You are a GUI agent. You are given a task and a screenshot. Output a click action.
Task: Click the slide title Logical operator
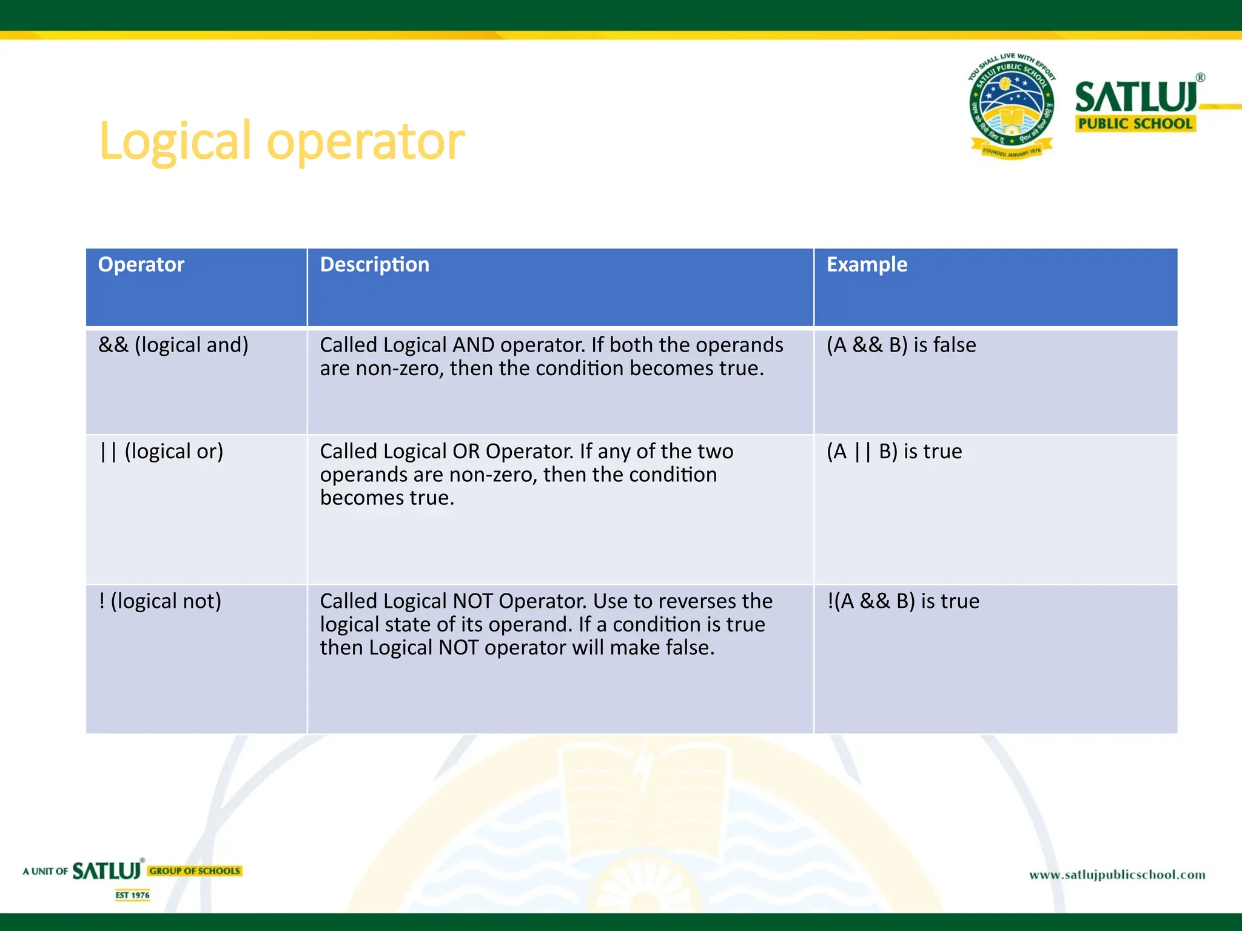pyautogui.click(x=281, y=141)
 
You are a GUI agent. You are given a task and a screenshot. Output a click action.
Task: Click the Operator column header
pyautogui.click(x=141, y=265)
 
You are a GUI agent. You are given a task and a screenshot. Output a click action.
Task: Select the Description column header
pyautogui.click(x=374, y=265)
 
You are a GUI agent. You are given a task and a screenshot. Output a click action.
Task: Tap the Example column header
pyautogui.click(x=867, y=265)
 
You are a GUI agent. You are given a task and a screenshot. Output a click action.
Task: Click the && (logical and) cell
pyautogui.click(x=173, y=345)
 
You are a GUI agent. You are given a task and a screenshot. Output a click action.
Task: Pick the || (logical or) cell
pyautogui.click(x=161, y=452)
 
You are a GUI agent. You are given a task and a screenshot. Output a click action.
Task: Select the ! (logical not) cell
pyautogui.click(x=160, y=601)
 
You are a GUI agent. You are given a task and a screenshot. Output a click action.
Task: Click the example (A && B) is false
pyautogui.click(x=901, y=345)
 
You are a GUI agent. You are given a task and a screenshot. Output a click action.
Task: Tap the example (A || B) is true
pyautogui.click(x=894, y=452)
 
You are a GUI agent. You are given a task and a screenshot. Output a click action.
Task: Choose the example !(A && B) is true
pyautogui.click(x=903, y=601)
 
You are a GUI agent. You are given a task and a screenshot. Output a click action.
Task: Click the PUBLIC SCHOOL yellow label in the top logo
pyautogui.click(x=1135, y=124)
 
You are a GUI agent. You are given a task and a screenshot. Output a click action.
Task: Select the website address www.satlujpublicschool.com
pyautogui.click(x=1117, y=875)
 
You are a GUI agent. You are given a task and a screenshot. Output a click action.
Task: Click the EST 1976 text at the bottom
pyautogui.click(x=132, y=895)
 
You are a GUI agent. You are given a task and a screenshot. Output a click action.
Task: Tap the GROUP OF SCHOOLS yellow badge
pyautogui.click(x=195, y=871)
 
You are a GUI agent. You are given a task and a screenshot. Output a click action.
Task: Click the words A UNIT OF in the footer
pyautogui.click(x=45, y=872)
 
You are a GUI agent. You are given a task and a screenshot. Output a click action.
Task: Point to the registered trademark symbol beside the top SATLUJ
pyautogui.click(x=1200, y=78)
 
